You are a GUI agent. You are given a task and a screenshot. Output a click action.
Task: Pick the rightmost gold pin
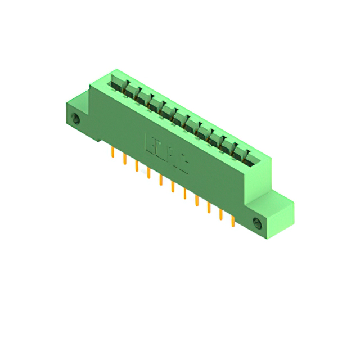[x=232, y=221]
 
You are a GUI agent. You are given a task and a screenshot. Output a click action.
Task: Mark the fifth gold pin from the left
[x=160, y=179]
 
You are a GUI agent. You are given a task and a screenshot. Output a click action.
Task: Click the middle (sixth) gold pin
[x=172, y=186]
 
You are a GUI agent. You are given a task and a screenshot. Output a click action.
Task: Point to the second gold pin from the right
[x=220, y=214]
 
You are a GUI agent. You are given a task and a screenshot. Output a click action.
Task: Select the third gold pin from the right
[x=208, y=207]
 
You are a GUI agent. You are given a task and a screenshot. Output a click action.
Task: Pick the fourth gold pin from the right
[x=196, y=200]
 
